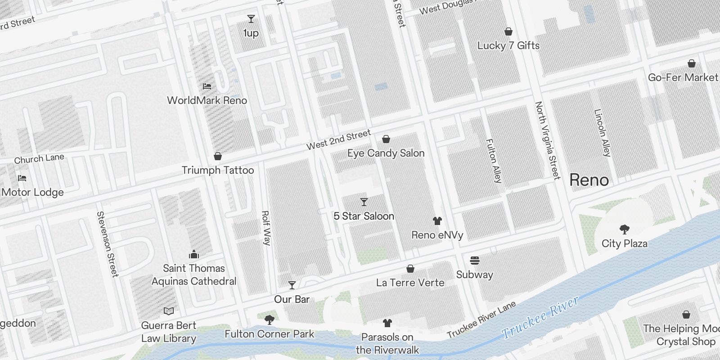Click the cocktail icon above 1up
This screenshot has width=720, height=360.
251,19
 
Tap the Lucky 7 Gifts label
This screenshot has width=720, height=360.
508,45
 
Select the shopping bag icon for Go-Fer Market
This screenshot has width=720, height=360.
691,63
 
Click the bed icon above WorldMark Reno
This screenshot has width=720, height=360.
207,86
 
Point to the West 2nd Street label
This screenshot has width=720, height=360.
338,139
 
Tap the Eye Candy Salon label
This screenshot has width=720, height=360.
386,153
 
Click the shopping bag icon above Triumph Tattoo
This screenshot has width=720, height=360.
218,156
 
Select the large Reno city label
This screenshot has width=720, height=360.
589,180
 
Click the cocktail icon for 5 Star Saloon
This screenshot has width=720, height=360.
364,202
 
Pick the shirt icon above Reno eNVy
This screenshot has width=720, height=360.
437,220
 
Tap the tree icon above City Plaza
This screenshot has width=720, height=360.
624,229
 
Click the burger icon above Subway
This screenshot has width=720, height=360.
474,261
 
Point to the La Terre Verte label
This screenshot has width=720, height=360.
410,283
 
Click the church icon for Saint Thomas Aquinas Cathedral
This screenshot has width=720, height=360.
194,254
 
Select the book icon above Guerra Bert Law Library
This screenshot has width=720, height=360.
169,311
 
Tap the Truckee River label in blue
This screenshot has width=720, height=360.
540,318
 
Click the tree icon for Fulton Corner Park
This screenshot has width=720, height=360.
270,320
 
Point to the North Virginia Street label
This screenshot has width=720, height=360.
547,140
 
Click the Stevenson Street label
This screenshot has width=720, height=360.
108,244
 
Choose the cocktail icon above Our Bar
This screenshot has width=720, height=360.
292,285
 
